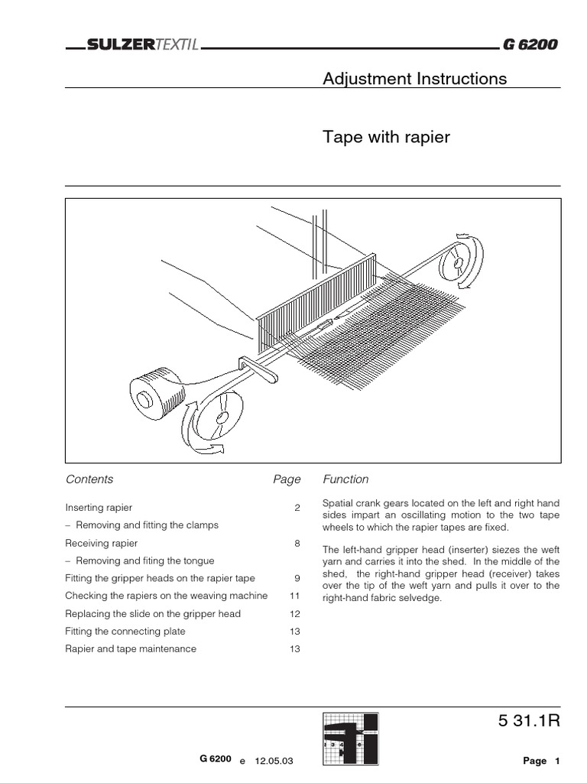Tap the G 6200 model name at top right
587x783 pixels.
(530, 45)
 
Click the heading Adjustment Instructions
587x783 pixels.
(414, 79)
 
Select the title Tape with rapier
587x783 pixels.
(386, 138)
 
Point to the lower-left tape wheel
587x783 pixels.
(221, 416)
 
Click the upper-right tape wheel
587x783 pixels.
(457, 263)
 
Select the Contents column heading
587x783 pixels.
(89, 479)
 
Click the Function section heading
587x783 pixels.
(345, 479)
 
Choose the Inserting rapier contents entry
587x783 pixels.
(99, 508)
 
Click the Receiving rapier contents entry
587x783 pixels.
(101, 543)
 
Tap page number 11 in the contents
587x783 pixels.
(295, 596)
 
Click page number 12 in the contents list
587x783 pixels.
(295, 613)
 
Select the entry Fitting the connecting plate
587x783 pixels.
(125, 631)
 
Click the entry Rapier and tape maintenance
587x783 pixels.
(131, 648)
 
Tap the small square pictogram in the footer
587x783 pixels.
(349, 739)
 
